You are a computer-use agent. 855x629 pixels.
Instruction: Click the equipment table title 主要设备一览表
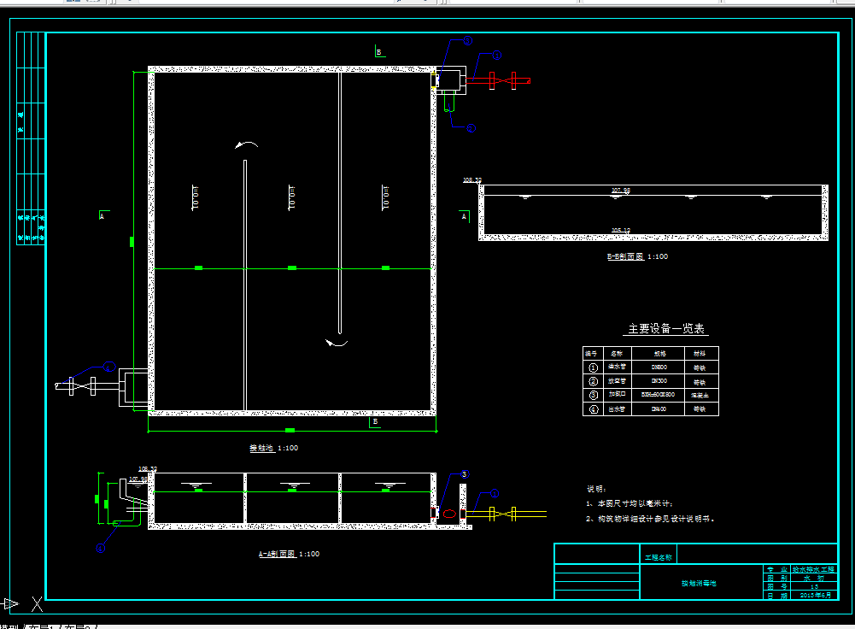click(668, 329)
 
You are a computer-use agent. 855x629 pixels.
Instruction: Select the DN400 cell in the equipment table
click(659, 409)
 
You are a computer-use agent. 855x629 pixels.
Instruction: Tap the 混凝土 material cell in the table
click(700, 395)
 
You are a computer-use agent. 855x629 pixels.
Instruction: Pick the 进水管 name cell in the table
click(616, 367)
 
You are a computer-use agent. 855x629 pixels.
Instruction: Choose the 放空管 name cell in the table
click(616, 381)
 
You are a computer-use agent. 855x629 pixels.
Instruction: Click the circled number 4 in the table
click(593, 409)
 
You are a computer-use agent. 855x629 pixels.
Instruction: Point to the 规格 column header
click(659, 353)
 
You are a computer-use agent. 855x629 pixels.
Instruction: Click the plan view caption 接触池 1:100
click(273, 448)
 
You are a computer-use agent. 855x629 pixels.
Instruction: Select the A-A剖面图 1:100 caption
click(289, 554)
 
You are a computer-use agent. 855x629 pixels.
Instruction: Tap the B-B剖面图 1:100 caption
click(637, 256)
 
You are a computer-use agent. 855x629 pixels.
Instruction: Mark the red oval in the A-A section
click(448, 514)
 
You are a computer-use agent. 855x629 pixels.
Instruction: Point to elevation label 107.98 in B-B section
click(620, 190)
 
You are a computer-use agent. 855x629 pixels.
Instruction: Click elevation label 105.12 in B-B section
click(620, 230)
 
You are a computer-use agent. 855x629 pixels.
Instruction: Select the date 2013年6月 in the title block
click(811, 596)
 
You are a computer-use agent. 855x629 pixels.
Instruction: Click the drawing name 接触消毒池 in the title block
click(698, 583)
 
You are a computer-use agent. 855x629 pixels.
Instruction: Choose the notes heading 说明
click(595, 489)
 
